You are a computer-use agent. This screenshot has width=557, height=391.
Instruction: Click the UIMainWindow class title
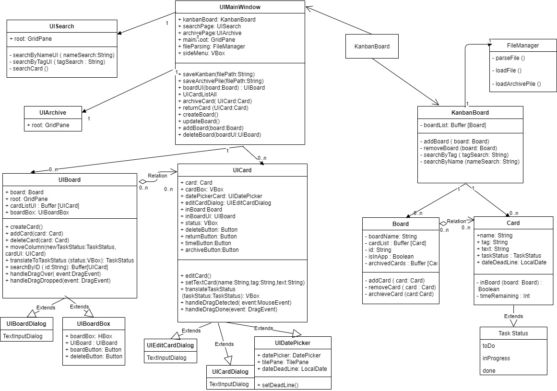(240, 7)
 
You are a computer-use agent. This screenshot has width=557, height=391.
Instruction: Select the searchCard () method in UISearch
(28, 69)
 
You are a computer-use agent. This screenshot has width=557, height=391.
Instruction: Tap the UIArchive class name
(53, 112)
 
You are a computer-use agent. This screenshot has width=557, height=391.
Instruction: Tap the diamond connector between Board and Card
(442, 223)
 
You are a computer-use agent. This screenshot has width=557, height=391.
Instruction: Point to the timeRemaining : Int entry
(501, 296)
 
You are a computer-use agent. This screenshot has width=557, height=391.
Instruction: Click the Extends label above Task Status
(513, 316)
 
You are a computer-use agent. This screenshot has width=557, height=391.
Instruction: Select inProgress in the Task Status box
(496, 358)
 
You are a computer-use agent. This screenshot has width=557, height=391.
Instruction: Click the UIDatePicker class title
(292, 343)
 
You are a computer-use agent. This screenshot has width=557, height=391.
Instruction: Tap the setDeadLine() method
(278, 384)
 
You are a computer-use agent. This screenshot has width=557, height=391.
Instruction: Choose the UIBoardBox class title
(94, 324)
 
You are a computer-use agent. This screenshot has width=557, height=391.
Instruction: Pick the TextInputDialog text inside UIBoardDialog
(23, 336)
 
